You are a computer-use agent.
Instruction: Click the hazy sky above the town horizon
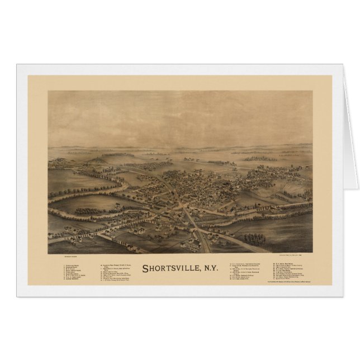coord(184,112)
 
